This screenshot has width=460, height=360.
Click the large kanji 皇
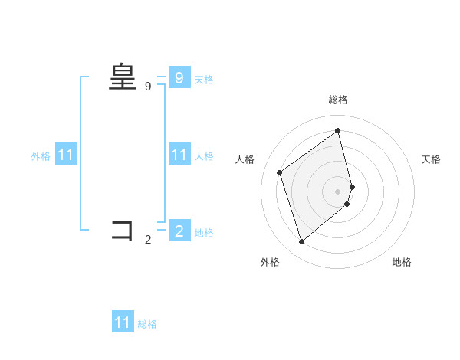click(x=123, y=77)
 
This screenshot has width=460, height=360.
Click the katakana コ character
click(x=123, y=230)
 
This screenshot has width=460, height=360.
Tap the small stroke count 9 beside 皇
click(x=148, y=87)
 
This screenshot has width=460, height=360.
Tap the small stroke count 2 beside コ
click(x=148, y=240)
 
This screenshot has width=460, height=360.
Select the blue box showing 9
click(x=179, y=78)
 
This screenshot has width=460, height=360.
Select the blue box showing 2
click(x=179, y=231)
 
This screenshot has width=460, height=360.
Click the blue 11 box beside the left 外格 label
click(x=66, y=155)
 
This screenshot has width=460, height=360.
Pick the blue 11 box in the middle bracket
click(x=179, y=155)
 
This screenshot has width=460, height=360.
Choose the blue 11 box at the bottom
click(x=123, y=323)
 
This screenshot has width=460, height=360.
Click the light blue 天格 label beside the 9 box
click(x=204, y=79)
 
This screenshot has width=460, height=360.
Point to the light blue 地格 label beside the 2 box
click(x=204, y=232)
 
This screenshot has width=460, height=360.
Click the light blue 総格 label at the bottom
click(x=147, y=324)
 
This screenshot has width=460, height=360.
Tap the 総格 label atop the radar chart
click(x=338, y=100)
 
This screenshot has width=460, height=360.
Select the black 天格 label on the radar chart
click(x=431, y=159)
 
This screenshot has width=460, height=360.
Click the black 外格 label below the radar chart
click(x=270, y=262)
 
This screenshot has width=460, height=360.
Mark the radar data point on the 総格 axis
click(x=338, y=131)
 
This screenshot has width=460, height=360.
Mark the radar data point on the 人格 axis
click(x=280, y=172)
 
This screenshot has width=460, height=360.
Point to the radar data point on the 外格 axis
click(x=301, y=242)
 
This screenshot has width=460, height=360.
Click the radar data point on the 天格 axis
click(x=352, y=187)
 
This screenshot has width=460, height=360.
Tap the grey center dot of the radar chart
click(x=338, y=191)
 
